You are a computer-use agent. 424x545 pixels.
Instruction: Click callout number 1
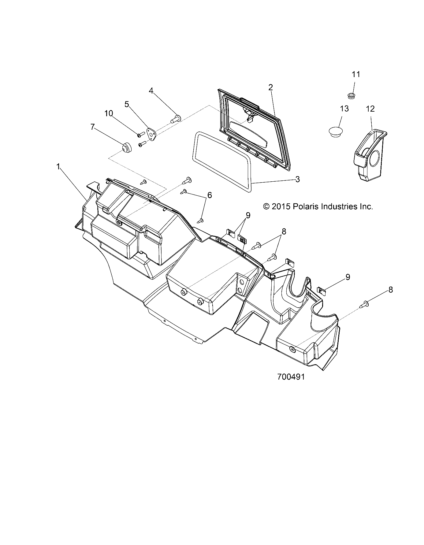coord(58,166)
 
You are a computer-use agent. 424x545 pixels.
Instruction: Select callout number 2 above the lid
coord(270,87)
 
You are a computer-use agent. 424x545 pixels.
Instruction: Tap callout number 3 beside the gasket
coord(297,179)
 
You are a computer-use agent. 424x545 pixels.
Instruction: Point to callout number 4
coord(151,91)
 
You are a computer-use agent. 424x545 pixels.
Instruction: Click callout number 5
coord(127,104)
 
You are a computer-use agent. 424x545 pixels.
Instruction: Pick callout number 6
coord(210,195)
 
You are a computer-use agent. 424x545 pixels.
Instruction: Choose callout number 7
coord(92,127)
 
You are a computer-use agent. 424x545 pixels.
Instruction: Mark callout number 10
coord(109,113)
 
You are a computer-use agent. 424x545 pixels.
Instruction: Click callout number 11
coord(356,74)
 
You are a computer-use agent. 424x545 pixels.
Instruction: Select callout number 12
coord(370,109)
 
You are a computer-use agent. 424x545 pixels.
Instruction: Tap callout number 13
coord(344,109)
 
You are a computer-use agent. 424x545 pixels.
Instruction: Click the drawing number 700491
coord(291,377)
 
